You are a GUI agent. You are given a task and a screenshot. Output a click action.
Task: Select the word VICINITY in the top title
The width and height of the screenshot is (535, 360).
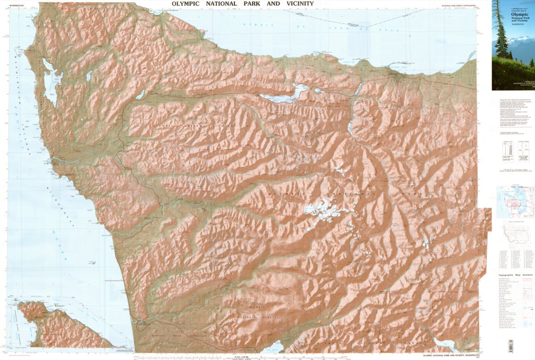297,4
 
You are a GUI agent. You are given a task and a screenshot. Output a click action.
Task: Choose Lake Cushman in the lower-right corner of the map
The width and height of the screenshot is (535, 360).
444,344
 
